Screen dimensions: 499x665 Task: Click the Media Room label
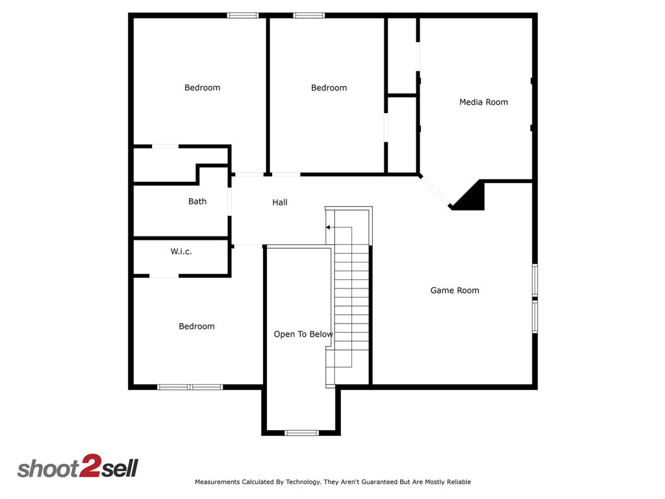[x=483, y=102]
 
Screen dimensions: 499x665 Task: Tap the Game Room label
[x=455, y=290]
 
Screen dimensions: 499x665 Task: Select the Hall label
[x=280, y=203]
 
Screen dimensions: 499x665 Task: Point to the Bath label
[x=197, y=201]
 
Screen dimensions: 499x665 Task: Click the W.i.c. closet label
[x=181, y=251]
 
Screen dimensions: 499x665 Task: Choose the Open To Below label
[x=303, y=335]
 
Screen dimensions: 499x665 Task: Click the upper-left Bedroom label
[x=202, y=88]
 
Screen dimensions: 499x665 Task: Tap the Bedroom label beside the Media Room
[x=329, y=88]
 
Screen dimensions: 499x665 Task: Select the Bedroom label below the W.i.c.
[x=197, y=326]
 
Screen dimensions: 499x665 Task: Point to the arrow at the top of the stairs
[x=329, y=227]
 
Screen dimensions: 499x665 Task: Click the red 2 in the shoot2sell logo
[x=88, y=467]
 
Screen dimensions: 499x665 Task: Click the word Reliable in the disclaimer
[x=457, y=482]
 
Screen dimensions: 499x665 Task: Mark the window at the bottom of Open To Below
[x=301, y=433]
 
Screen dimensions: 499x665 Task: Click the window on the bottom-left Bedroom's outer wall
[x=190, y=387]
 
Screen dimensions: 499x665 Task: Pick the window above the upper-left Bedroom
[x=243, y=15]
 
